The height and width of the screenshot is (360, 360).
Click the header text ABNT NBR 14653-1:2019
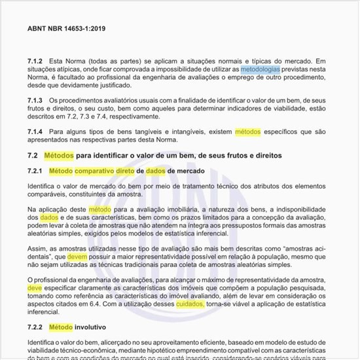67,29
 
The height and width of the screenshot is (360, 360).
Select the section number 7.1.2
37,60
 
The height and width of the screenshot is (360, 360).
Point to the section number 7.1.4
37,131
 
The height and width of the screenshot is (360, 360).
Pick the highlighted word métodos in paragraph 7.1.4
247,131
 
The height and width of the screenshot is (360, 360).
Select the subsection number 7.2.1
37,171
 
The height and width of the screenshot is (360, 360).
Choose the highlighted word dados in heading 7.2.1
156,171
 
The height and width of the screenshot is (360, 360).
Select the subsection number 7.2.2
37,326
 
